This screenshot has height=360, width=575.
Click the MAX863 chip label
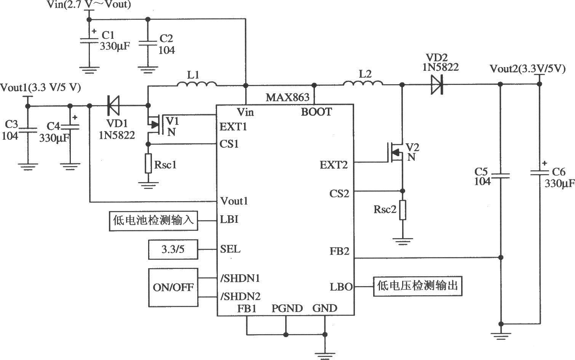click(x=287, y=97)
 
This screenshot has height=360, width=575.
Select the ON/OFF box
click(x=173, y=287)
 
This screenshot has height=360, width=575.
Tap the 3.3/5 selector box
click(x=172, y=250)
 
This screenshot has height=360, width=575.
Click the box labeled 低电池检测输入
click(x=153, y=221)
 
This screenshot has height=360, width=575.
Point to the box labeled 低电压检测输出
click(x=417, y=286)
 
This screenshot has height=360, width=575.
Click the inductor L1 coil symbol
click(x=196, y=84)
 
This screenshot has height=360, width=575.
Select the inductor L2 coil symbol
click(x=363, y=83)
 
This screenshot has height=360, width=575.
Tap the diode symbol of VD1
click(x=113, y=106)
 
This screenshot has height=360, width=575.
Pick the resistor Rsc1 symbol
click(x=149, y=164)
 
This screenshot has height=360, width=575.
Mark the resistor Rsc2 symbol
click(x=403, y=210)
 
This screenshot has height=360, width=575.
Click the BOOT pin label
click(x=316, y=112)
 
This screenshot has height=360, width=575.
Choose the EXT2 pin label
click(x=334, y=165)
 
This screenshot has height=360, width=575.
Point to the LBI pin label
click(x=229, y=219)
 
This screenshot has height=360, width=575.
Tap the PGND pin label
click(x=287, y=308)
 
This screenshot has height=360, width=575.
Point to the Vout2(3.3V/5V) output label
click(x=527, y=69)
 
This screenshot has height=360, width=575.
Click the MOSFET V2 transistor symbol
click(x=396, y=152)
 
